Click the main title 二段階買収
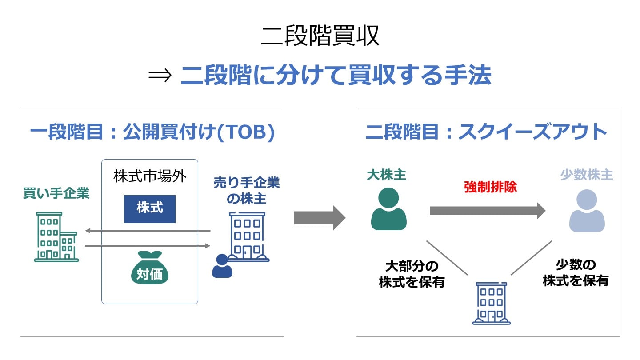[320, 36]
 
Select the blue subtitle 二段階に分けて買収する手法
[336, 76]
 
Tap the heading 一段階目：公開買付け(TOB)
[152, 132]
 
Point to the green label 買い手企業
[56, 193]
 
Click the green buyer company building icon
[56, 237]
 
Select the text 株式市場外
[150, 176]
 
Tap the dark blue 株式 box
[150, 208]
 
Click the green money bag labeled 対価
[150, 268]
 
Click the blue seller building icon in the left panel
[247, 236]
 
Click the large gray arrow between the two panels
[320, 218]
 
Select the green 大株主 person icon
[388, 209]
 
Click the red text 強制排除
[490, 187]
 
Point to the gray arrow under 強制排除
[487, 211]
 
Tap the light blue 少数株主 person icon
[587, 211]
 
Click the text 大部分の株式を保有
[412, 274]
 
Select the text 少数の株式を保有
[576, 273]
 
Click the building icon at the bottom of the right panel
[491, 303]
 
